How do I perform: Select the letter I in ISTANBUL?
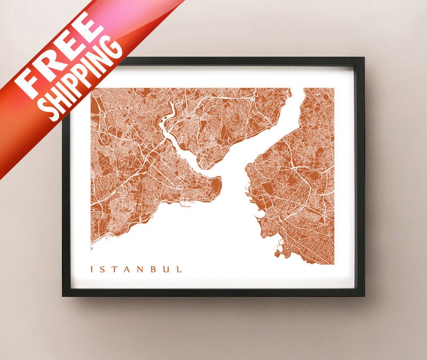(93, 269)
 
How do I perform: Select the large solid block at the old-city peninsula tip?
(216, 185)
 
